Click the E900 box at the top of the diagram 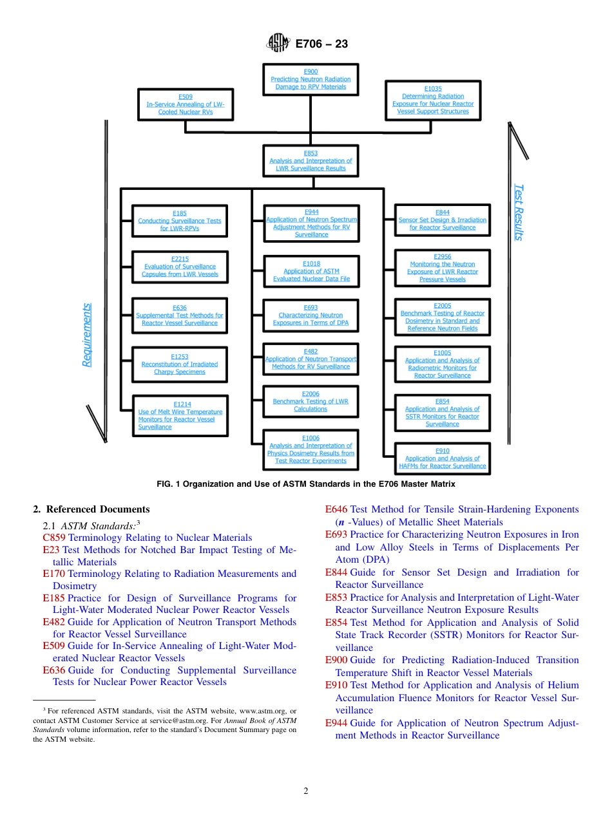(311, 79)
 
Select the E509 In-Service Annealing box (186, 104)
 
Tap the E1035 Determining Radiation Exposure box (433, 100)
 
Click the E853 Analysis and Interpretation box (311, 161)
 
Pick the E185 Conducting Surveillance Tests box (180, 221)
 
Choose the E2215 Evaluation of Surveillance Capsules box (180, 267)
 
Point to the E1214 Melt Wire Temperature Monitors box (180, 416)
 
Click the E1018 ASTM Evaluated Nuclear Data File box (311, 271)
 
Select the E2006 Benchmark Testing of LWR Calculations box (311, 401)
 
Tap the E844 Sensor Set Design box (443, 220)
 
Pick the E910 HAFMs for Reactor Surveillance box (443, 458)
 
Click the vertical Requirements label (86, 335)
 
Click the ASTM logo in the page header (279, 43)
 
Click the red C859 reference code (55, 538)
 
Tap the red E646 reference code (336, 510)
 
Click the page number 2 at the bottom (306, 791)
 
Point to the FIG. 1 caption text (306, 484)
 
